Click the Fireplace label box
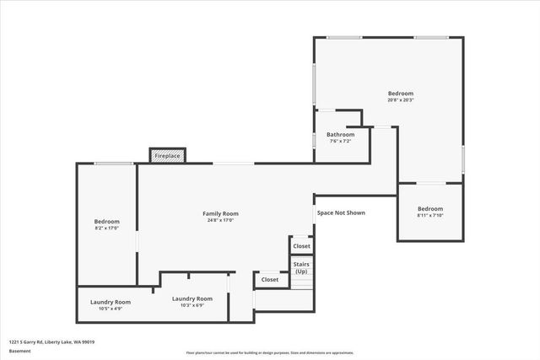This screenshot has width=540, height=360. [x=167, y=156]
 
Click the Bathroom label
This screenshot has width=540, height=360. [x=340, y=134]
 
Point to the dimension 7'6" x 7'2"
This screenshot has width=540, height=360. [x=340, y=141]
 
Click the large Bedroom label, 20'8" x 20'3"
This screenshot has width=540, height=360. [x=401, y=93]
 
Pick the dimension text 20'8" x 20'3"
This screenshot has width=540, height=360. [x=401, y=99]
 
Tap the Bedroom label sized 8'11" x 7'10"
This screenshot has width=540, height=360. [x=429, y=208]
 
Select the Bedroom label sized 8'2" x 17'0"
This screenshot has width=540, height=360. [x=106, y=221]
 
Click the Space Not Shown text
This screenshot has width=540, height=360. [x=341, y=212]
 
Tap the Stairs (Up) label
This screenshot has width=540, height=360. [x=301, y=268]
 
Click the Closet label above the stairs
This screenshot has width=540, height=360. [x=301, y=246]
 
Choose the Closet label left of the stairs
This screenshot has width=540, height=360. [x=270, y=279]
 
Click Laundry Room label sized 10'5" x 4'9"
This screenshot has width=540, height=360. [x=111, y=302]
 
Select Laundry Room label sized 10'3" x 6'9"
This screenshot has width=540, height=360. [x=192, y=298]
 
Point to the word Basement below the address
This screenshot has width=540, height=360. [x=19, y=352]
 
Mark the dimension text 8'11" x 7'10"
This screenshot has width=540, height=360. [x=429, y=215]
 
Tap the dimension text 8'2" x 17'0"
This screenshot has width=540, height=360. [x=106, y=228]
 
